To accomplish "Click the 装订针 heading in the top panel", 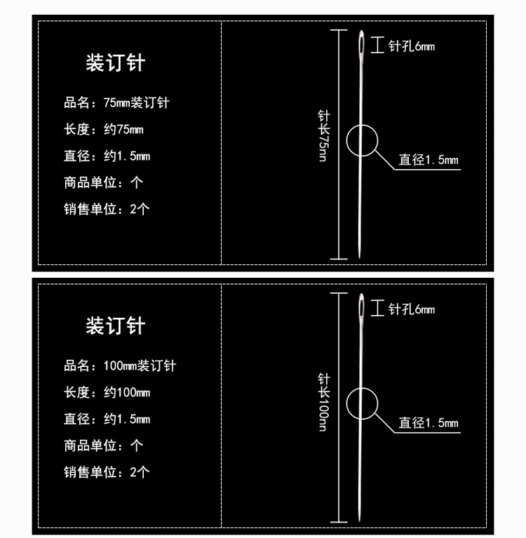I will (x=115, y=63).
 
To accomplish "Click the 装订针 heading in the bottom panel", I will (x=115, y=326).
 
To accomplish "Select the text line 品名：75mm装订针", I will (x=116, y=103).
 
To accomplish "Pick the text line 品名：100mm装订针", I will (x=120, y=366).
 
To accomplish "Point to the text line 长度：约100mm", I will (x=107, y=393).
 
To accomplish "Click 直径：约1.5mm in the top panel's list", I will (x=107, y=156).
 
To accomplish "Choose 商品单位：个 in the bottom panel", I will (x=104, y=445).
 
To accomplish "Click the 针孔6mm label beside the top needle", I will (x=412, y=46).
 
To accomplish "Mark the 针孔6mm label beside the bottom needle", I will (x=412, y=309).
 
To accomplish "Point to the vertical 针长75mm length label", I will (x=323, y=136).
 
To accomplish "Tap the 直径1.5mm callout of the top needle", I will (x=429, y=160).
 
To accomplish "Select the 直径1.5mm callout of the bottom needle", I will (x=429, y=423).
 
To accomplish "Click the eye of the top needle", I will (x=360, y=45).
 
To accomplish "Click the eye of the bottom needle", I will (x=360, y=308).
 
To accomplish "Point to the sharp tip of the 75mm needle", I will (x=359, y=256).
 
